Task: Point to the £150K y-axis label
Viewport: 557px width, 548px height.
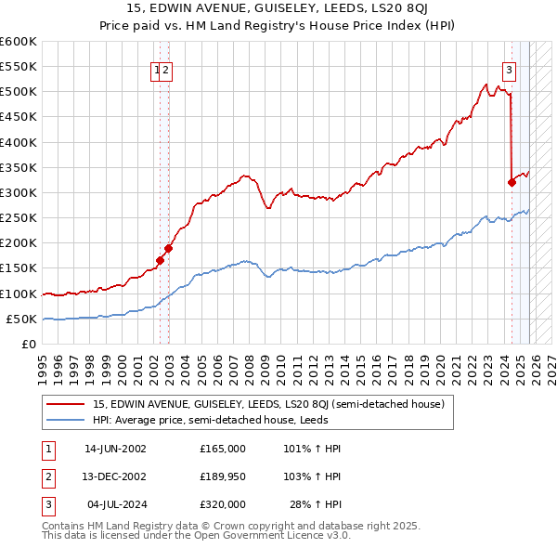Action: [19, 268]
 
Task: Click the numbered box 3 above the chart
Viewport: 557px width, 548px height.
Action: [509, 68]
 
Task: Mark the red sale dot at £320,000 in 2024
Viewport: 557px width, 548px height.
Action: [512, 182]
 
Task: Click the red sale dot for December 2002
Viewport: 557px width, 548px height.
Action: [169, 248]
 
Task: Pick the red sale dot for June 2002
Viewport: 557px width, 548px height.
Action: [160, 261]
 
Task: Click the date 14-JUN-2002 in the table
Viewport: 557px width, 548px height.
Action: [116, 448]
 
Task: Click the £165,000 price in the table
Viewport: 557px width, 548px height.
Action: [222, 448]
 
